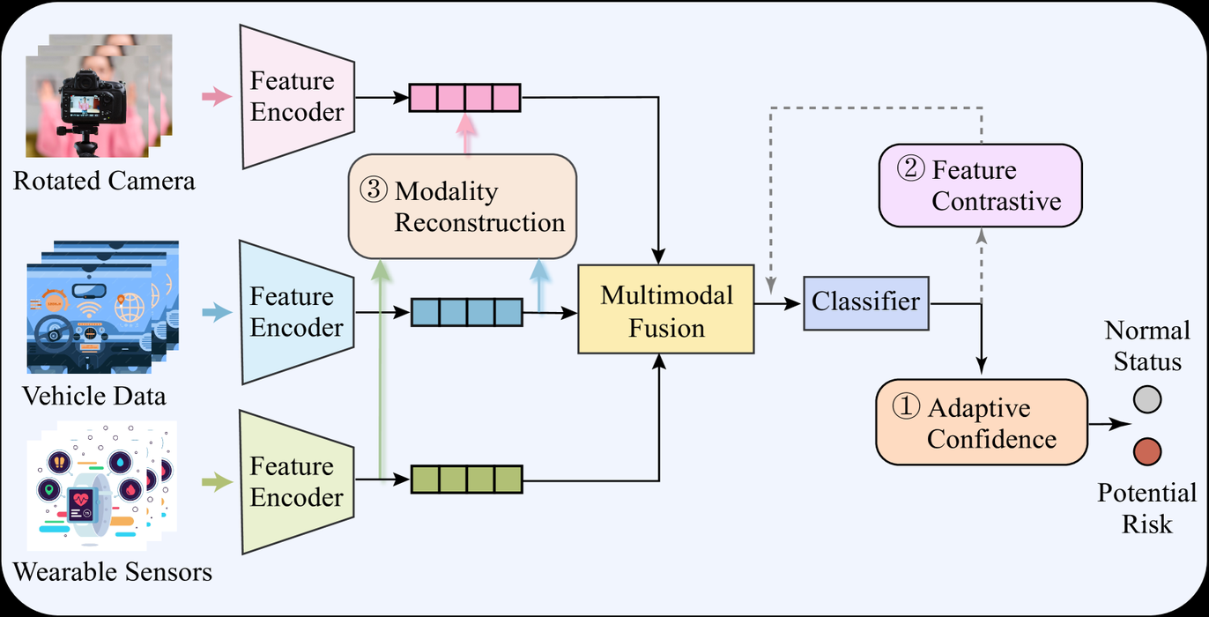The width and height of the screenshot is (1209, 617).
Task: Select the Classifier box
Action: pyautogui.click(x=866, y=303)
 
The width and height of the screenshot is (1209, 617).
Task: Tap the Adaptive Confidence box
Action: pyautogui.click(x=979, y=422)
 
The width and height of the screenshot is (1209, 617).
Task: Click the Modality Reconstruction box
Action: pyautogui.click(x=463, y=206)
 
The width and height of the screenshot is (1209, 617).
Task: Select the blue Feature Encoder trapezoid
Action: pyautogui.click(x=297, y=312)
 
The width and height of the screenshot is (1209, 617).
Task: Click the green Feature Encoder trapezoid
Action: pyautogui.click(x=297, y=480)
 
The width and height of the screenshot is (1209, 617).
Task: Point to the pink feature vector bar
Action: pyautogui.click(x=464, y=97)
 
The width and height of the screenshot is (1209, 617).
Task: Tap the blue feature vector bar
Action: pyautogui.click(x=467, y=312)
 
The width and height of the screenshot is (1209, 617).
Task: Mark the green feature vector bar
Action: pyautogui.click(x=467, y=479)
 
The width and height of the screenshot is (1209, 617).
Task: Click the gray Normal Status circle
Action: pyautogui.click(x=1146, y=401)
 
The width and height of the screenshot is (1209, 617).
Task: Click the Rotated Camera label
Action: pyautogui.click(x=104, y=182)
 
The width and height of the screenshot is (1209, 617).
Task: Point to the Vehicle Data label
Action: pyautogui.click(x=95, y=396)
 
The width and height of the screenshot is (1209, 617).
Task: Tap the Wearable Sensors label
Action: pyautogui.click(x=114, y=571)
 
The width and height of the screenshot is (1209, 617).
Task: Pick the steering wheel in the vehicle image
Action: pyautogui.click(x=56, y=332)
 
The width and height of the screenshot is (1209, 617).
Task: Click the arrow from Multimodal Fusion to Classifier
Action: pyautogui.click(x=777, y=303)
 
